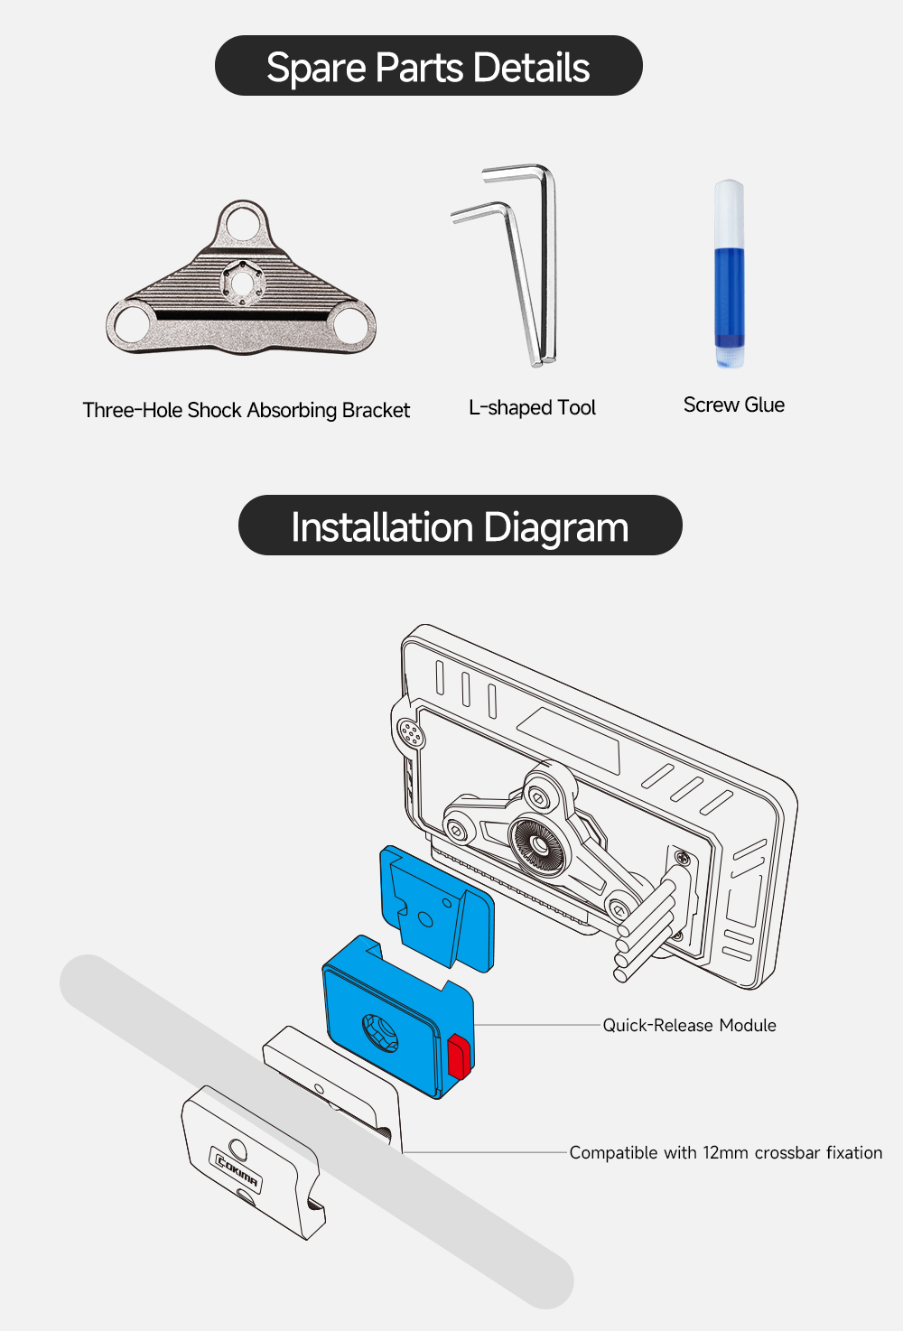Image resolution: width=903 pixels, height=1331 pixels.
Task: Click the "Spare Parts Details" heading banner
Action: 428,65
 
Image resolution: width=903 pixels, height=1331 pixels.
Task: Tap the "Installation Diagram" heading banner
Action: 460,526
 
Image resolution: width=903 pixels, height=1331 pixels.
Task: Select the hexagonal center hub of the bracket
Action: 242,284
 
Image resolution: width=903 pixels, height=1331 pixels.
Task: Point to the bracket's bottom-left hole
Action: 133,324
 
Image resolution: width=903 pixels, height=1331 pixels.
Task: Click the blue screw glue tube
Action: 729,274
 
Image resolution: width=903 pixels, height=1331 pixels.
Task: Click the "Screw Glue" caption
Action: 733,405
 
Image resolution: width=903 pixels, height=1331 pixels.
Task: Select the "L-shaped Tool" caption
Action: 532,407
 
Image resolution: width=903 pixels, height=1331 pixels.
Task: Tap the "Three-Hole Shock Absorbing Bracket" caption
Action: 246,410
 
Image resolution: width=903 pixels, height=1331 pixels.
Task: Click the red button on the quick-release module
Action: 459,1056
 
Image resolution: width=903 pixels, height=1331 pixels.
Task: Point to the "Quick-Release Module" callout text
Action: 689,1025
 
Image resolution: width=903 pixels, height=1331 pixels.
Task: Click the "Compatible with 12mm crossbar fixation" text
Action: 725,1152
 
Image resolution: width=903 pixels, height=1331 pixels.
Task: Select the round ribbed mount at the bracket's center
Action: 539,843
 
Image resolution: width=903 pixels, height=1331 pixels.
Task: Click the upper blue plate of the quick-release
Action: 437,907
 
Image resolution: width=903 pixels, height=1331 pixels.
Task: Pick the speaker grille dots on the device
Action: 410,732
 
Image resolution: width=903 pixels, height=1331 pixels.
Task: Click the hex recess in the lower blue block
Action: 380,1033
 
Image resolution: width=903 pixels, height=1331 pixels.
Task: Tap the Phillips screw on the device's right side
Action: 684,858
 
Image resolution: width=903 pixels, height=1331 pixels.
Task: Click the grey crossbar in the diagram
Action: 317,1131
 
